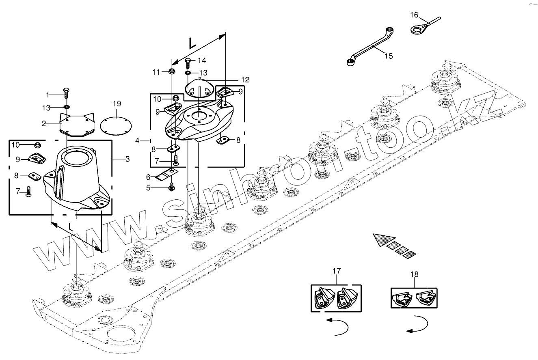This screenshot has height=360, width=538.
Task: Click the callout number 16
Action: (x=414, y=15)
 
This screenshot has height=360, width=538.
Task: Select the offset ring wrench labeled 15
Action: (x=369, y=45)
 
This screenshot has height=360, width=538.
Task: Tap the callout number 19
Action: (x=117, y=104)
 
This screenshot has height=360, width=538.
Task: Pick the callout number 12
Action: (x=245, y=80)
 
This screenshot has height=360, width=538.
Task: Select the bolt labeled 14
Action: (x=188, y=62)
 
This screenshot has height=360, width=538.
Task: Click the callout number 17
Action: (x=336, y=271)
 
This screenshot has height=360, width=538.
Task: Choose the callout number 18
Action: (x=414, y=274)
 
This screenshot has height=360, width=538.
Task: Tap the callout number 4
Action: (x=137, y=140)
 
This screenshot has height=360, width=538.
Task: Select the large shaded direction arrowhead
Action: (x=382, y=239)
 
